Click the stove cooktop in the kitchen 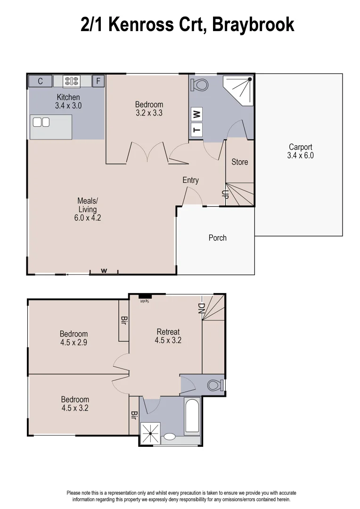click(72, 81)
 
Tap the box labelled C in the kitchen click(41, 81)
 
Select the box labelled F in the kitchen click(98, 81)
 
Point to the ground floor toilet click(200, 85)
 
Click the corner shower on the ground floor click(241, 90)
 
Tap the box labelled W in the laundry click(197, 114)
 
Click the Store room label click(239, 162)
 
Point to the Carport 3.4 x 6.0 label click(300, 151)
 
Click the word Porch click(217, 238)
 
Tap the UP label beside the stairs click(225, 195)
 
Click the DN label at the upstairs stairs click(201, 308)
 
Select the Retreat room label click(168, 336)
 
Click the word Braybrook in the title click(253, 25)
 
